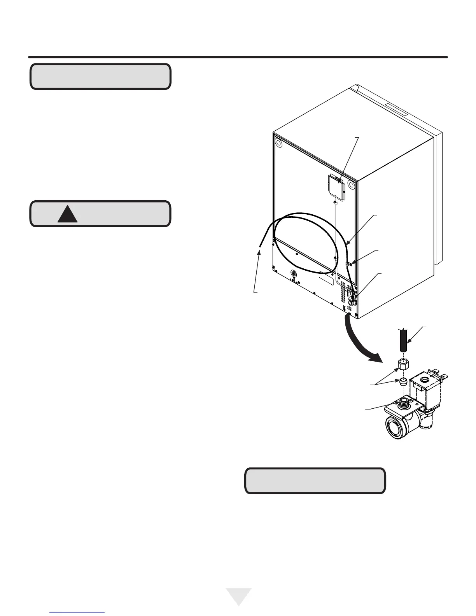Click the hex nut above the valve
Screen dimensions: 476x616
(402, 365)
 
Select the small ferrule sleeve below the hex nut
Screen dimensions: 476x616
(403, 380)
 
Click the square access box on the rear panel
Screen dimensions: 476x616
(336, 187)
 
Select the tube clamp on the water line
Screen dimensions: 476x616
(348, 264)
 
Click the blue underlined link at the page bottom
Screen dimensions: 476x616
(77, 613)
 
